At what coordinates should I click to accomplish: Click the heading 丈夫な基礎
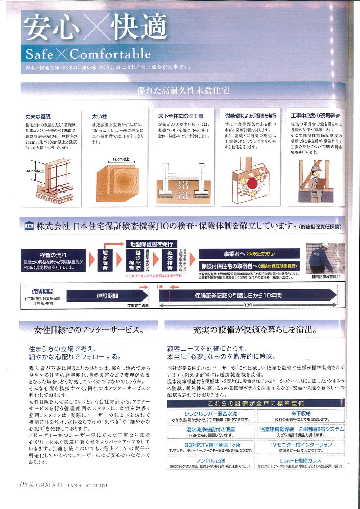click(38, 117)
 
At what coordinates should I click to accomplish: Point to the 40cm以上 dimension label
click(35, 171)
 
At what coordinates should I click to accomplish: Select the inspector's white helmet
click(315, 168)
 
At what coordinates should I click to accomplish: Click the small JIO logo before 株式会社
click(28, 226)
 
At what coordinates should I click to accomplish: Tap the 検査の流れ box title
click(53, 255)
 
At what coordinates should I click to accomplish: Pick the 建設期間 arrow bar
click(107, 296)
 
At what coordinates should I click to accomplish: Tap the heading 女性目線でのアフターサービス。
click(89, 330)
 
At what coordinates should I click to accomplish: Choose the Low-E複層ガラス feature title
click(301, 460)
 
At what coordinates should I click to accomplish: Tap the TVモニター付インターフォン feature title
click(301, 445)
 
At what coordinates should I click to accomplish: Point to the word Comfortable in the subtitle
click(110, 54)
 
